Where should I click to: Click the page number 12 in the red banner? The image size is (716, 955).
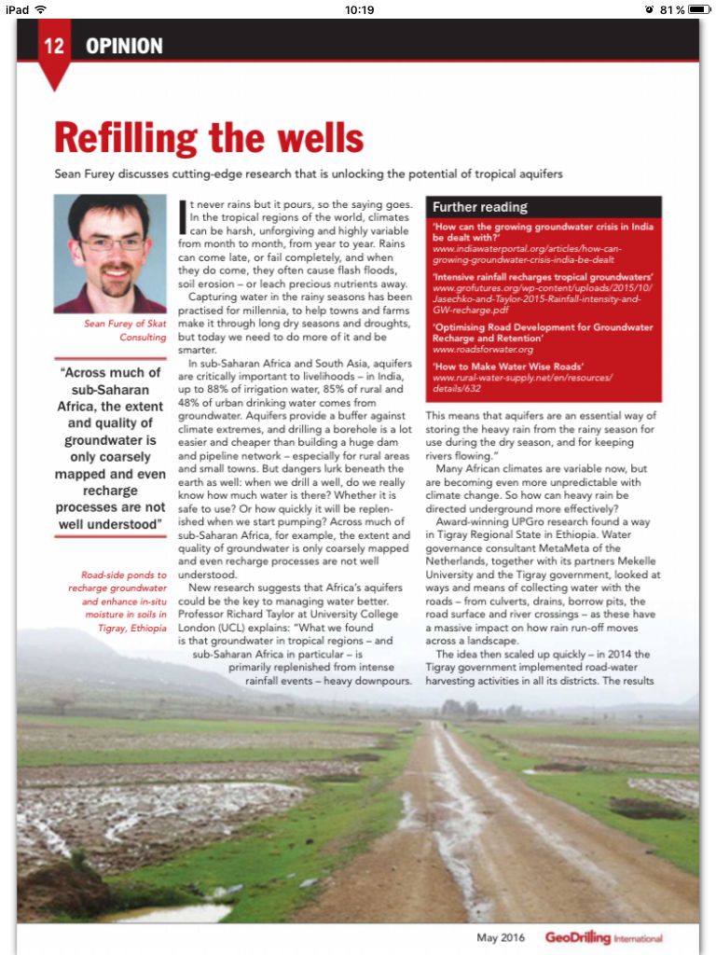click(54, 46)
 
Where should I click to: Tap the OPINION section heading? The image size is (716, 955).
click(124, 46)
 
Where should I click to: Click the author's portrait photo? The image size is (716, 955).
click(110, 254)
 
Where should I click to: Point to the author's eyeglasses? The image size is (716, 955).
click(112, 243)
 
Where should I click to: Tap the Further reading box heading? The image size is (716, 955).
click(479, 207)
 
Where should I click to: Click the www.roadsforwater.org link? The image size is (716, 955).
click(482, 350)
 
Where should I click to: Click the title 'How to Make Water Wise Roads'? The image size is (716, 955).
click(507, 367)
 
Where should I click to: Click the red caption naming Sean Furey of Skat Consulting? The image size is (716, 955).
click(125, 330)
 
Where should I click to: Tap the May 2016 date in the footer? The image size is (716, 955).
click(501, 937)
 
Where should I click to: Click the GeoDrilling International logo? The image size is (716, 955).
click(603, 937)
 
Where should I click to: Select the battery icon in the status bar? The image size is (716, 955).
click(696, 9)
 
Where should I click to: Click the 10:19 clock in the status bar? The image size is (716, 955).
click(359, 9)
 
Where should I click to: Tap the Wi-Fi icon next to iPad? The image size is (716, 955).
click(40, 9)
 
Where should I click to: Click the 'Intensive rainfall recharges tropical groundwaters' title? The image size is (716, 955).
click(543, 278)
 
